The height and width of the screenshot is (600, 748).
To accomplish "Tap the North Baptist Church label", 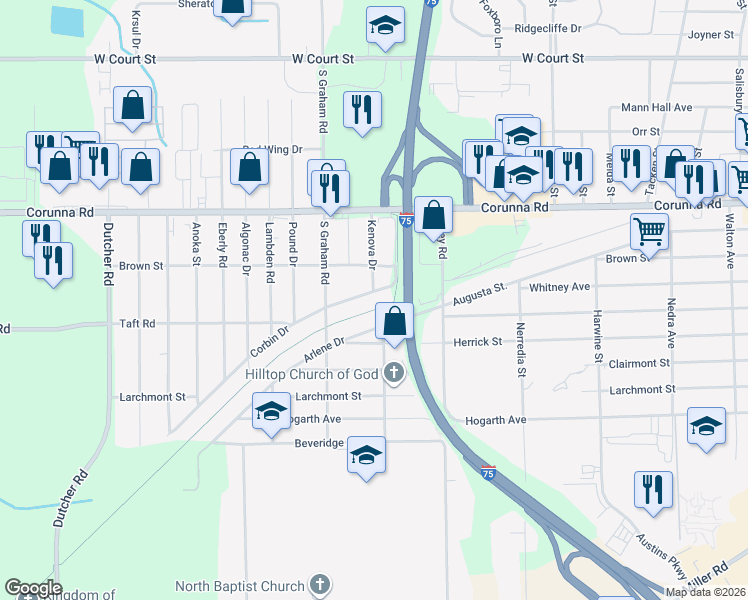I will coord(239,585).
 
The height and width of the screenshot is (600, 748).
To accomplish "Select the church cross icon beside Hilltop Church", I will coord(394,375).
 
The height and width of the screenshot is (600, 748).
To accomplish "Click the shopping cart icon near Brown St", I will coord(649,232).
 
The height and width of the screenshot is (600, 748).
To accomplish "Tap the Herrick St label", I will coord(477,342).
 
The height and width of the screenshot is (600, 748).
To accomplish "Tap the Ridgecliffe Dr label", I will coord(547,29).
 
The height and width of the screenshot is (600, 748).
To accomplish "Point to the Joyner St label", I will coord(711,35).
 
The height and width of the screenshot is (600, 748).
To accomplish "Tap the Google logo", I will coord(33,588).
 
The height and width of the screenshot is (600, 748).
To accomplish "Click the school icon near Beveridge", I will coord(367,456).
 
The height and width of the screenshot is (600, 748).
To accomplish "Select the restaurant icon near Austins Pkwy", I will coord(653,490).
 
